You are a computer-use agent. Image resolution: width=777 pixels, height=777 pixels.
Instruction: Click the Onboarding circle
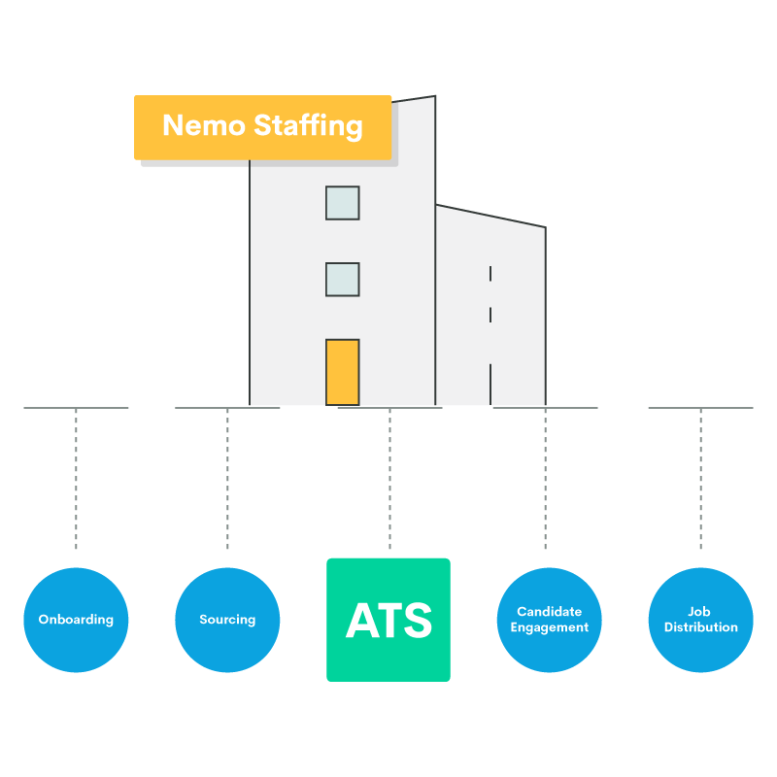(76, 620)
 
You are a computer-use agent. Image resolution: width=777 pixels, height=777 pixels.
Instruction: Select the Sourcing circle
(227, 620)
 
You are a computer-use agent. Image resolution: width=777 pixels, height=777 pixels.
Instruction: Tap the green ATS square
(388, 620)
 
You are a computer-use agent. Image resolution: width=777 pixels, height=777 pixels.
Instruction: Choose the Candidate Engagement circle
(550, 620)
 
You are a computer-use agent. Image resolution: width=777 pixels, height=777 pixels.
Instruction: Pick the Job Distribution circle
(700, 620)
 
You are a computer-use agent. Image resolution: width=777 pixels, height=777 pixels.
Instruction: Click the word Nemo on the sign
(204, 126)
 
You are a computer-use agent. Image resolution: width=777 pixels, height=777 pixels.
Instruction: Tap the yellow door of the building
(342, 372)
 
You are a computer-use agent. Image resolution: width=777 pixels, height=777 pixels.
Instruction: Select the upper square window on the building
(342, 203)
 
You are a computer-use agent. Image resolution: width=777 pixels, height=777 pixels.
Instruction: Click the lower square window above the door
(342, 280)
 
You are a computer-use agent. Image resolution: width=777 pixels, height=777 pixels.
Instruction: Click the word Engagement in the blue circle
(550, 627)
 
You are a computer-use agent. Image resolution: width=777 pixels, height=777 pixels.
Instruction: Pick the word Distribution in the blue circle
(700, 627)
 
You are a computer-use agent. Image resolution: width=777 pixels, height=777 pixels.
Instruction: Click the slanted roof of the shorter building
(490, 217)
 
